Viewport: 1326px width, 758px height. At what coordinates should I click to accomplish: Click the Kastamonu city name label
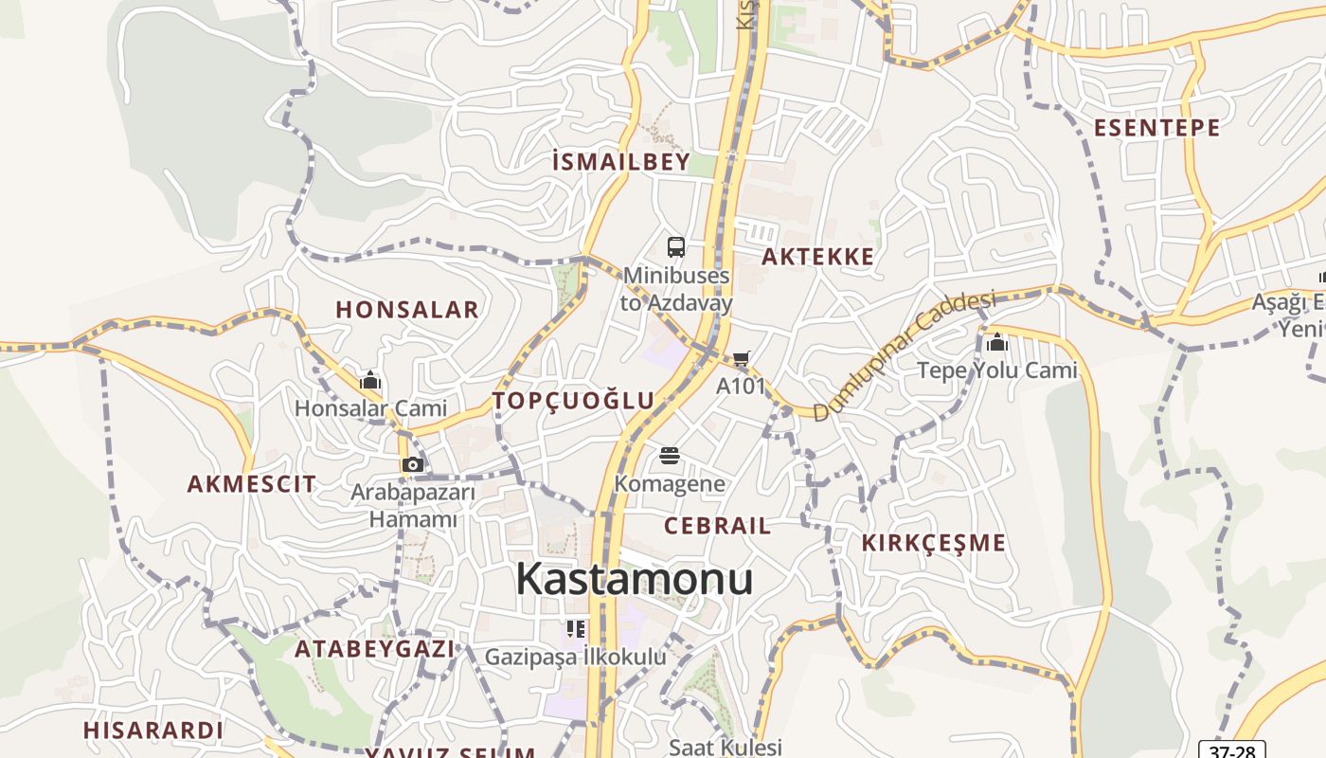coord(634,579)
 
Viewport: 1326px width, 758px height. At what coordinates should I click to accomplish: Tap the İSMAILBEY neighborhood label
coord(620,162)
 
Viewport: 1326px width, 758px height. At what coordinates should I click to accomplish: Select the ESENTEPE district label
coord(1156,128)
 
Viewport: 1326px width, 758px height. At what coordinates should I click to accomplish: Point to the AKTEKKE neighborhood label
coord(817,257)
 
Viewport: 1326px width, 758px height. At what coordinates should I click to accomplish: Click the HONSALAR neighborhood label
coord(407,310)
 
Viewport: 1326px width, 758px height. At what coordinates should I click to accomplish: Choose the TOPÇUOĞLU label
coord(573,401)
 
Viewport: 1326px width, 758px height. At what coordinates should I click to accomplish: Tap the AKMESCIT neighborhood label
coord(251,484)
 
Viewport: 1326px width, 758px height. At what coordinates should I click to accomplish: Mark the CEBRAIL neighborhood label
coord(717,526)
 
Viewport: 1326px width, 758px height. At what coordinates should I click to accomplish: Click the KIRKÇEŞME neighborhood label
coord(933,543)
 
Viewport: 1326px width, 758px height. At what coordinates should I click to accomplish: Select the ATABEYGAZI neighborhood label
coord(374,649)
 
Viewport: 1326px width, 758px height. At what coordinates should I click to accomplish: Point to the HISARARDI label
coord(152,731)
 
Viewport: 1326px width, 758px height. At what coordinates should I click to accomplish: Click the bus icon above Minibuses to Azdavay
coord(675,247)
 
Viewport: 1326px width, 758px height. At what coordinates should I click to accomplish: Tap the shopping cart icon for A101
coord(741,359)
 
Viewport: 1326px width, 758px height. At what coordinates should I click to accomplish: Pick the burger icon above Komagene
coord(670,456)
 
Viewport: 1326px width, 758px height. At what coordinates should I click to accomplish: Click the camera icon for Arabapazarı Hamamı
coord(412,464)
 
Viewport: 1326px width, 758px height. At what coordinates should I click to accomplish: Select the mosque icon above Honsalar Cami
coord(369,381)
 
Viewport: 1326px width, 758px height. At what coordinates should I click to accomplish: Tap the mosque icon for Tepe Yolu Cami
coord(996,342)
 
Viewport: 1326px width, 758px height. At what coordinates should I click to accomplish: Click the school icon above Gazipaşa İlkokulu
coord(575,629)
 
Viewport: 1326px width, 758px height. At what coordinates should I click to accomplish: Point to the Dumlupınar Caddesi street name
coord(905,355)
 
